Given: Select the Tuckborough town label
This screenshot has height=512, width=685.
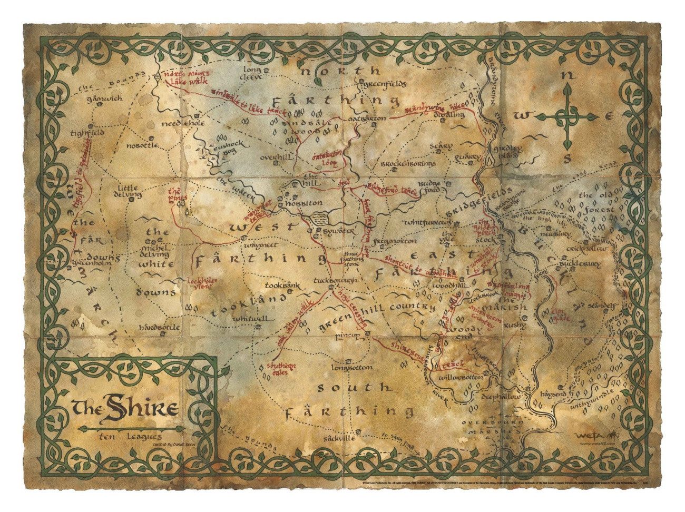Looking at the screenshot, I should [336, 280].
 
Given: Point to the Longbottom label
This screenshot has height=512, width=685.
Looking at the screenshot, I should [353, 367].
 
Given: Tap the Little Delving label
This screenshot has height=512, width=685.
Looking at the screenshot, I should [128, 191].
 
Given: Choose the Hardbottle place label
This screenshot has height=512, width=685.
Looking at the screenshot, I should [160, 327].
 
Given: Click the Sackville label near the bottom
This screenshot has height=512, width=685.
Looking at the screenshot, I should [341, 438].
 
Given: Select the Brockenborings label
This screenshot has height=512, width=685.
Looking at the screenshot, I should [408, 164].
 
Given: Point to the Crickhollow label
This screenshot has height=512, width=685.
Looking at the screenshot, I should [586, 248].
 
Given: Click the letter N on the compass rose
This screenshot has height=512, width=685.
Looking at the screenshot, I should [567, 75].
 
